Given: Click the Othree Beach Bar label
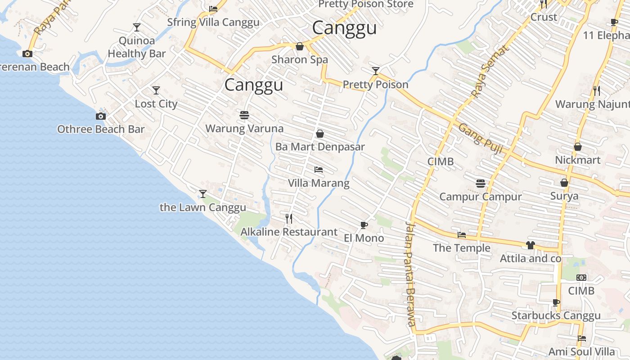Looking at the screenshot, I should (101, 129).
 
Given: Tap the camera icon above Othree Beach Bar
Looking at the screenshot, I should (101, 116).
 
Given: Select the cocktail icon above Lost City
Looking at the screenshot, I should (156, 90).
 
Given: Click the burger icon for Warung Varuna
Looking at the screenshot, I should (244, 115).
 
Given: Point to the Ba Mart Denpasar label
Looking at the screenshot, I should (320, 147).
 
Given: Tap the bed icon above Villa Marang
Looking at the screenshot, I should (319, 170).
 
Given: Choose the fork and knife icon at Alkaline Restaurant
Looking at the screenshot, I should (289, 219).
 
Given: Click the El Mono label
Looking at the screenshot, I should (364, 238).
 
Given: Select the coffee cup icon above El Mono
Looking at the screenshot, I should (364, 225).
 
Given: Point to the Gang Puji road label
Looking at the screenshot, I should (481, 139).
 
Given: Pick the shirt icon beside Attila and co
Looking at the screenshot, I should (531, 245).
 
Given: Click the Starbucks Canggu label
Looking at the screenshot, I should (556, 315).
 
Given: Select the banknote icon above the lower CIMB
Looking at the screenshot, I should (581, 278).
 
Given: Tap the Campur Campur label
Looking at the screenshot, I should (481, 197).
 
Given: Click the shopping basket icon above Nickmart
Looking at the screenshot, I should (578, 147).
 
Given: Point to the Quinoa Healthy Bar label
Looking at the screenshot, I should (137, 47).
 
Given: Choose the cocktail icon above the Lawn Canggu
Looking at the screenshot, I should (203, 194).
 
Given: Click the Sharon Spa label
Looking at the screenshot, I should (300, 59).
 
